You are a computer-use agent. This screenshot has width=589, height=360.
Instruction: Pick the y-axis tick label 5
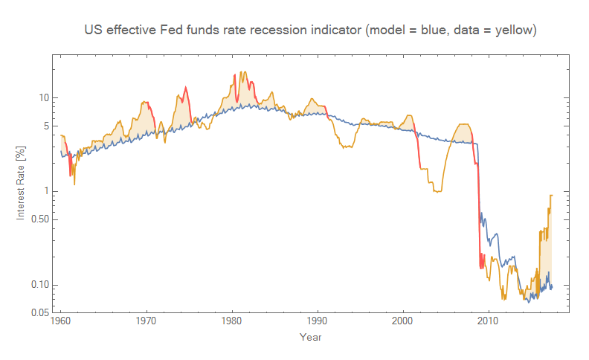(x=46, y=126)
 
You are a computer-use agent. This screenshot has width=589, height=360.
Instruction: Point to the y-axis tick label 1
(x=46, y=191)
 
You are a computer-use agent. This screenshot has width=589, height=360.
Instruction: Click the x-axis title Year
(x=310, y=338)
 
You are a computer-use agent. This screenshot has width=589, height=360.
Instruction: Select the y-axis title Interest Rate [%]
(x=22, y=182)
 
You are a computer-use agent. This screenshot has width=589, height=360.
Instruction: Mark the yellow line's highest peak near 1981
(x=242, y=72)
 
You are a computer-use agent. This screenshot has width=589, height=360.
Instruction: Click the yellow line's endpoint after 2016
(x=552, y=195)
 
